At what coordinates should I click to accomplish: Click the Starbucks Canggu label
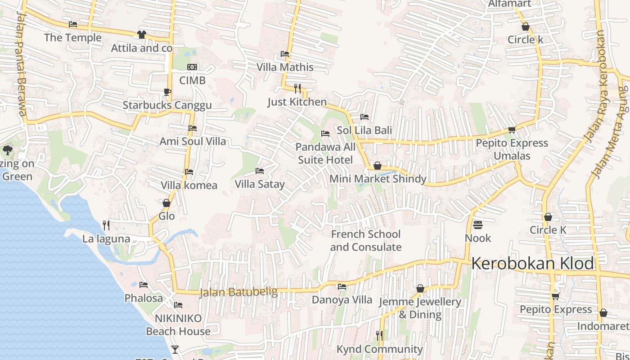pos(167,105)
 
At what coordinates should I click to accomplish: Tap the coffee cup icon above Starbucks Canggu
pos(167,92)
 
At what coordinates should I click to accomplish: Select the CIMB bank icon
pos(192,67)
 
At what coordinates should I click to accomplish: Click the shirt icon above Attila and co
pos(141,35)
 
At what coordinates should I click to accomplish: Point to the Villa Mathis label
pos(285,67)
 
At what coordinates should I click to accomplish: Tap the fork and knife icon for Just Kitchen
pos(297,88)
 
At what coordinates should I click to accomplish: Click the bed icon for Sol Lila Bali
pos(364,117)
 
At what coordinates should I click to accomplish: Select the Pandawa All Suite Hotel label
pos(325,153)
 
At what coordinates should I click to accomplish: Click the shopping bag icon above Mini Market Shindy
pos(378,166)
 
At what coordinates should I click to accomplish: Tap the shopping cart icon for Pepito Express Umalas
pos(512,130)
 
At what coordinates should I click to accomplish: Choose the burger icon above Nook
pos(477,225)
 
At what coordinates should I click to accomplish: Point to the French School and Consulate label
pos(366,240)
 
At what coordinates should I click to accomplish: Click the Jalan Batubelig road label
pos(238,292)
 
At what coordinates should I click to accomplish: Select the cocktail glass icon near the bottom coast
pos(175,349)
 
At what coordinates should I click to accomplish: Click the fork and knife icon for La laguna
pos(106,225)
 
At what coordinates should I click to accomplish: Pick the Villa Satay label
pos(260,184)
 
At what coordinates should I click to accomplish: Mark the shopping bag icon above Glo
pos(166,203)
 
